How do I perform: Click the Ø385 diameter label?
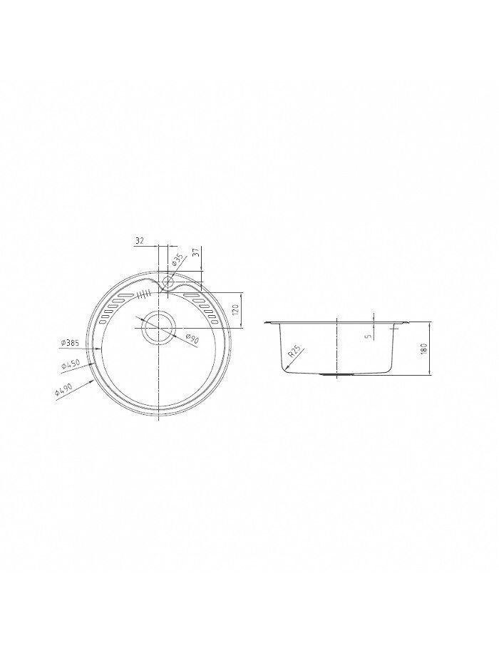[x=70, y=343]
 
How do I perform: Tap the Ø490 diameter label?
[x=63, y=391]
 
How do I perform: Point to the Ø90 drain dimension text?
[x=192, y=339]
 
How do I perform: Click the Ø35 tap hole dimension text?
[x=178, y=260]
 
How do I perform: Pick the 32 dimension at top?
[x=140, y=240]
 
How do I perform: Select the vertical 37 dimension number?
[x=198, y=252]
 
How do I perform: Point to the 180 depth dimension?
[x=424, y=349]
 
